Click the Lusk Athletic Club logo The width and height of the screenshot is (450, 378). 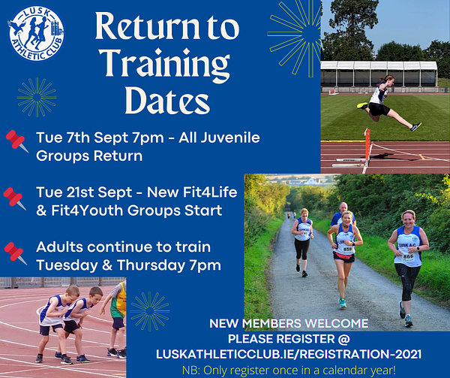[36, 33]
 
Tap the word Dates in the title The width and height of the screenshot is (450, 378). [167, 100]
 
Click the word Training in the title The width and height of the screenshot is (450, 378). [167, 62]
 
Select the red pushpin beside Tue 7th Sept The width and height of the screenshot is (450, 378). [17, 141]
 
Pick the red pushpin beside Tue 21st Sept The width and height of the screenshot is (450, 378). [14, 198]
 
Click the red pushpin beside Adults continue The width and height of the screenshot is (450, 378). [16, 253]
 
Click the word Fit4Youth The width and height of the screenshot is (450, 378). [87, 210]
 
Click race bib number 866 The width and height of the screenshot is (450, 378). [408, 256]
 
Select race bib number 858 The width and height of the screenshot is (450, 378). [347, 249]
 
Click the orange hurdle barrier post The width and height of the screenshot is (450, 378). [367, 149]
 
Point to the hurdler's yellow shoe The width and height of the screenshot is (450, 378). [362, 106]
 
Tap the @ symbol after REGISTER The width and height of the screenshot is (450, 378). [343, 339]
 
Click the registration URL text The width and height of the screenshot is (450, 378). [289, 354]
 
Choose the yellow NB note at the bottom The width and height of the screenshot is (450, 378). [289, 370]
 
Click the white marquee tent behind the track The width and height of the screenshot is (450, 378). [379, 74]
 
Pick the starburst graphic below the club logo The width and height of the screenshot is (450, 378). [37, 97]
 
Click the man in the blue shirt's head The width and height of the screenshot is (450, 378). [343, 207]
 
